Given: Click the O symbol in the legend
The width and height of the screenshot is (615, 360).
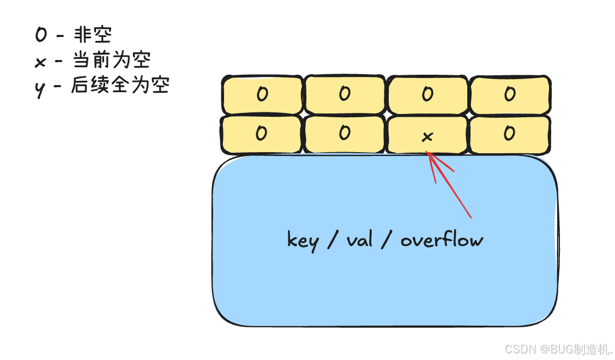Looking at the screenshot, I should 41,35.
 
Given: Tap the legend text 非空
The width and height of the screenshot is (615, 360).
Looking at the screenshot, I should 92,35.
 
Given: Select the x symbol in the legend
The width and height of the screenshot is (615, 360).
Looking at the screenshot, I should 40,62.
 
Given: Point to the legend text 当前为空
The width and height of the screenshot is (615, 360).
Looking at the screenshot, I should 111,60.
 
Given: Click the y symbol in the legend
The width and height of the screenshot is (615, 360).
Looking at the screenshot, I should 40,87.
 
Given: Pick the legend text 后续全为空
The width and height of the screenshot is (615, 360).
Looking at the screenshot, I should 120,86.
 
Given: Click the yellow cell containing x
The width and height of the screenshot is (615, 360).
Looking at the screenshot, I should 427,135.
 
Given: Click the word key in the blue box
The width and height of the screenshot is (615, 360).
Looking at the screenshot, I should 303,240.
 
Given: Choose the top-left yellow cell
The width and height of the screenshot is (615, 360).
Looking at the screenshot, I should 262,94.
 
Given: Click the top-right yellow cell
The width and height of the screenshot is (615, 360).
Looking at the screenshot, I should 509,94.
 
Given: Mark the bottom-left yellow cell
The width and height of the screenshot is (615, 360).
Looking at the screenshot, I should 262,134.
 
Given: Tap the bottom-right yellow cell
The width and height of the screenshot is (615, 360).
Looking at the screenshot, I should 509,134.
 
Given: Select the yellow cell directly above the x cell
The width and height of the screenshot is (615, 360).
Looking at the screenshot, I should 427,94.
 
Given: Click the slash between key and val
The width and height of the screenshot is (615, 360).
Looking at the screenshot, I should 331,240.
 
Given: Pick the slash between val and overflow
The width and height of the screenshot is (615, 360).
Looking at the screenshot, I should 386,240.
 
